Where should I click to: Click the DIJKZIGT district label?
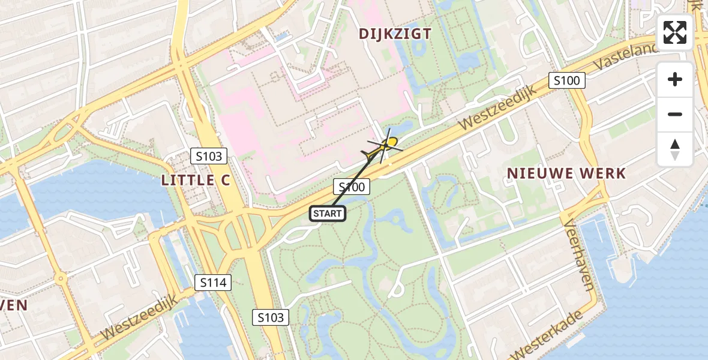coord(395,34)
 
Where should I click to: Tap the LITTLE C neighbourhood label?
coord(196,180)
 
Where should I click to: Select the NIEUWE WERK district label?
coord(566,174)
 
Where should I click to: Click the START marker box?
coord(328,214)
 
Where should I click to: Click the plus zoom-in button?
coord(675,79)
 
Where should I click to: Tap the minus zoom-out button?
coord(675,114)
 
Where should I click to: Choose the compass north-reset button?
coord(675,149)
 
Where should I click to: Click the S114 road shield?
coord(214,282)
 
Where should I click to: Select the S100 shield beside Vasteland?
coord(567,80)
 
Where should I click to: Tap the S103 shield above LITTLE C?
coord(209,157)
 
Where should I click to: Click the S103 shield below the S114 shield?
coord(271,317)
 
